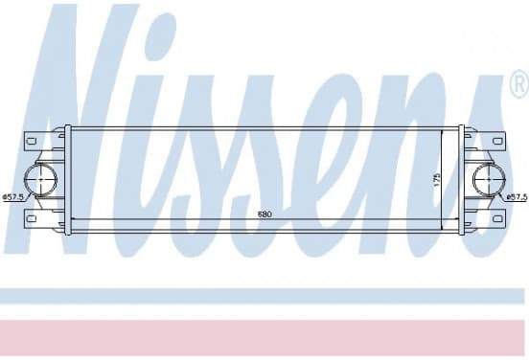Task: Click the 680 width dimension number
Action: tap(264, 214)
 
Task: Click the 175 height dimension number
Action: tap(437, 180)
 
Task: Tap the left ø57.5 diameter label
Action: tap(13, 197)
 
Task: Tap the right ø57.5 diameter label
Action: tap(517, 197)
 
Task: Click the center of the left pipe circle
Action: tap(41, 180)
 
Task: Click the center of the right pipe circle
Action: tap(489, 180)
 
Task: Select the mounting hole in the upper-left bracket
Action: tap(32, 141)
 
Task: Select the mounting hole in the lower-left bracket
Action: tap(32, 218)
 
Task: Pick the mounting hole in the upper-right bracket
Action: tap(497, 141)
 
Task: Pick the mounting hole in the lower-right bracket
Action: tap(497, 218)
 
